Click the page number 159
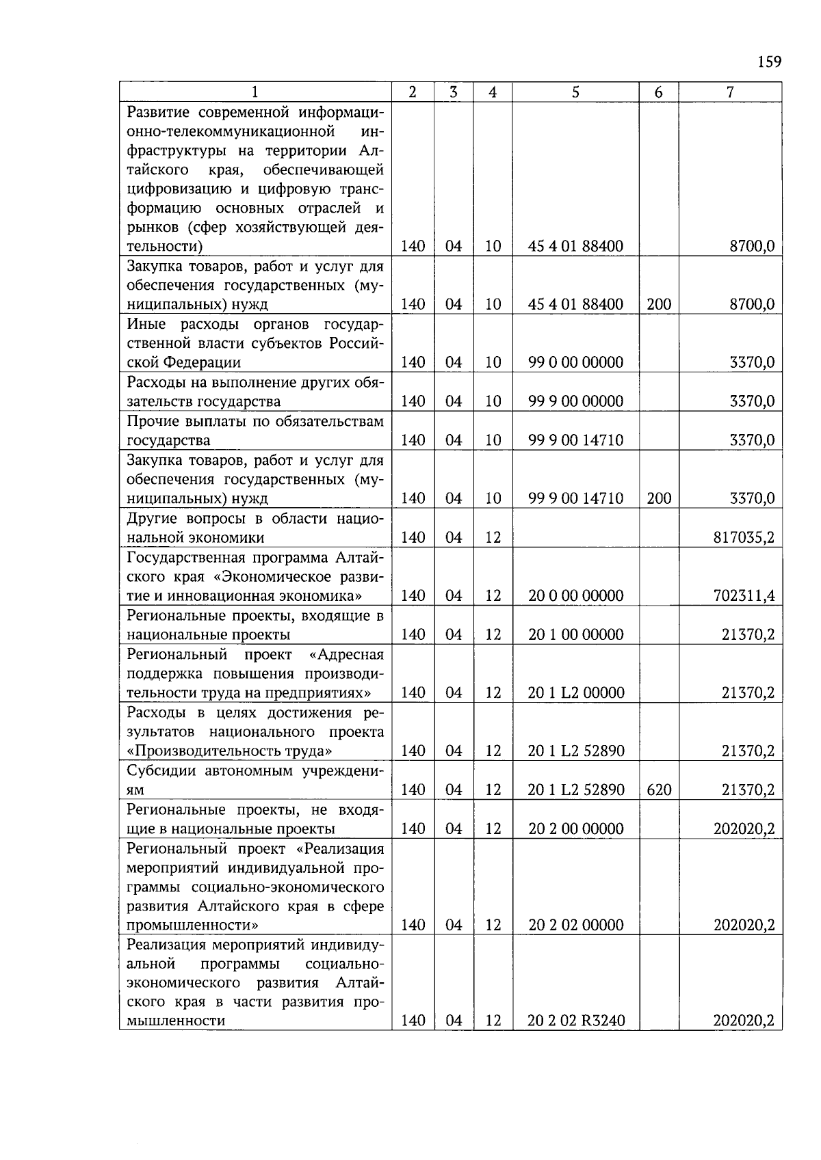click(x=769, y=62)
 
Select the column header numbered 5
click(x=575, y=92)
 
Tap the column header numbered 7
click(x=730, y=92)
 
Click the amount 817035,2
click(x=744, y=538)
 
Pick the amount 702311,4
click(x=744, y=596)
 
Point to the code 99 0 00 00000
click(x=575, y=363)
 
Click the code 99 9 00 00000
click(x=575, y=402)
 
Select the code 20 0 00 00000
click(x=575, y=596)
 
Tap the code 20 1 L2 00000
click(x=576, y=693)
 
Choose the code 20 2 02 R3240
click(x=576, y=1021)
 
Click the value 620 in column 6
click(x=659, y=790)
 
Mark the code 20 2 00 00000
click(x=575, y=829)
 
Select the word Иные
click(x=146, y=324)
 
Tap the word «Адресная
click(x=347, y=655)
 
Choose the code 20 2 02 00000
click(x=575, y=926)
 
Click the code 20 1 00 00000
click(x=575, y=635)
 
